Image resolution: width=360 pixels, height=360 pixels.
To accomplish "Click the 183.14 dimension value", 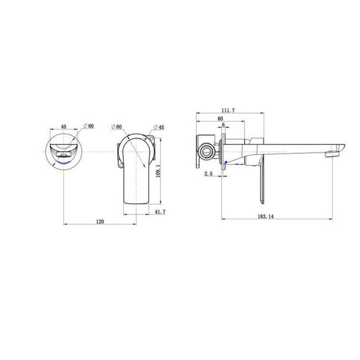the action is (x=266, y=217).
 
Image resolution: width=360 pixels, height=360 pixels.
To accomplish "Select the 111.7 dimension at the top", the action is (x=229, y=110).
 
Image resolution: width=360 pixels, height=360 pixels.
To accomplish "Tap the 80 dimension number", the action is (x=220, y=119).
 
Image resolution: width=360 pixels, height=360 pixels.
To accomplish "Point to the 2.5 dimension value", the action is (x=208, y=174).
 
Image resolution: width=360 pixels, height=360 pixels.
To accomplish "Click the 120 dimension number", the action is (x=100, y=221).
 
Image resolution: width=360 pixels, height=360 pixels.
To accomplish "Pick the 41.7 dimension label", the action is (x=160, y=212).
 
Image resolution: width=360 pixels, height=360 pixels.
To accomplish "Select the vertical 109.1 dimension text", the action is (x=158, y=171).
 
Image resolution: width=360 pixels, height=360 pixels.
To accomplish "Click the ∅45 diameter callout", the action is (x=159, y=127).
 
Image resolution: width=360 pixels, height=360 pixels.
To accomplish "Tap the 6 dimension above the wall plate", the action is (x=224, y=125).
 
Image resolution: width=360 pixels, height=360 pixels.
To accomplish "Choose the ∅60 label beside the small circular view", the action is (x=89, y=126).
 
